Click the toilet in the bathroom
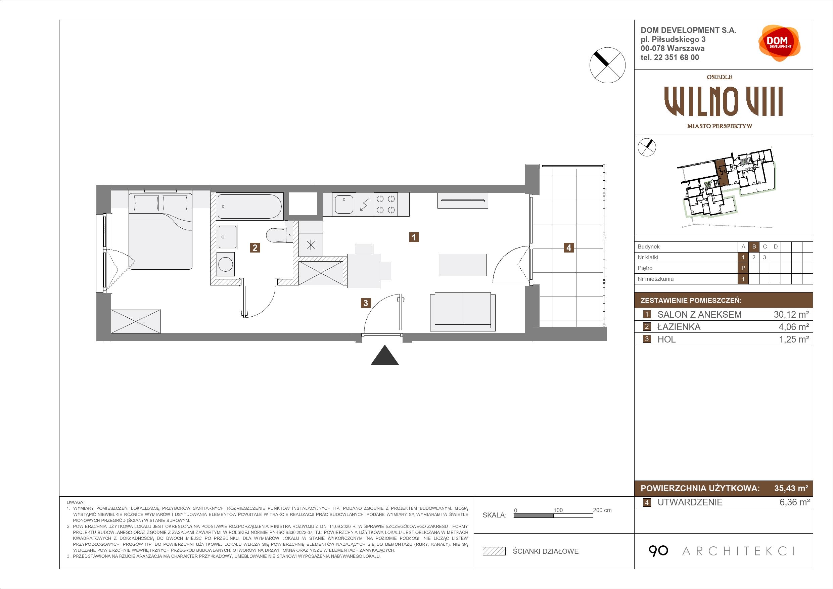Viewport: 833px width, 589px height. point(279,235)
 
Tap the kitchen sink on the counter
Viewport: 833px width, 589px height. point(344,204)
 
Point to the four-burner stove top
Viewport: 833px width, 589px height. point(385,204)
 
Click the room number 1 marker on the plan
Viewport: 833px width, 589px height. point(414,237)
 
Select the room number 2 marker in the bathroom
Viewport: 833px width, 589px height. point(255,247)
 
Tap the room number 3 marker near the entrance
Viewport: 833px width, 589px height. point(366,303)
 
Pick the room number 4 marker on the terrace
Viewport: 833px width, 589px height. point(569,247)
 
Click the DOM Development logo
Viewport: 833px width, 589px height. point(779,43)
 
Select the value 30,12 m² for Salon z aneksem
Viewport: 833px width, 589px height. point(791,314)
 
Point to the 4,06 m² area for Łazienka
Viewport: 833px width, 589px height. point(793,327)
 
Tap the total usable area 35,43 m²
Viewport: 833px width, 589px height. point(791,488)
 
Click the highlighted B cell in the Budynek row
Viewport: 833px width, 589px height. point(754,247)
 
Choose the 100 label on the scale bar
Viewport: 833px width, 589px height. point(558,510)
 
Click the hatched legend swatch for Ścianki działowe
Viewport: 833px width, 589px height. point(494,551)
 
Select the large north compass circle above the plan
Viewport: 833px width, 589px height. point(607,65)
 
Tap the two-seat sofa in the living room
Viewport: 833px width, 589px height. point(463,312)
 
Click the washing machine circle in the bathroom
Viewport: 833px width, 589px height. point(226,264)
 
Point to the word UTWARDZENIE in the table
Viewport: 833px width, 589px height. point(690,502)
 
